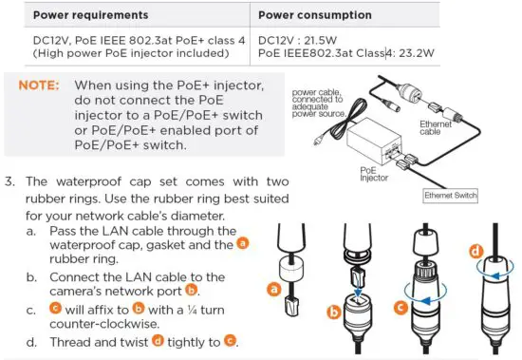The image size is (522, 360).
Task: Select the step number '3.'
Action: pos(12,182)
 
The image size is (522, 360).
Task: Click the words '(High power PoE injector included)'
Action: pos(120,57)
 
